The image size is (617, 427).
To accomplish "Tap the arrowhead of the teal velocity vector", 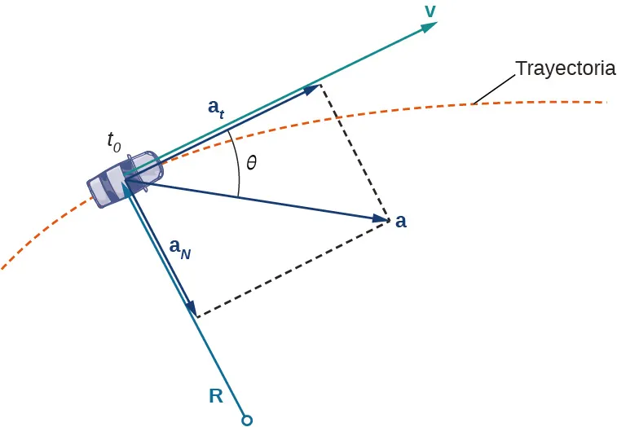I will (430, 26).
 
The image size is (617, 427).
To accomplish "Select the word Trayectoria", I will (565, 68).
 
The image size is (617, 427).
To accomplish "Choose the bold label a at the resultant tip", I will (401, 221).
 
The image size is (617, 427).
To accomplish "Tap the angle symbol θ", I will (251, 163).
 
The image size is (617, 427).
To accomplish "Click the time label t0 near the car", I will (114, 141).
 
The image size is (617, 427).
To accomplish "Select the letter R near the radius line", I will (216, 397).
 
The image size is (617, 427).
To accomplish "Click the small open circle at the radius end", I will (247, 420).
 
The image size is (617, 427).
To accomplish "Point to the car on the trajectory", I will (123, 178).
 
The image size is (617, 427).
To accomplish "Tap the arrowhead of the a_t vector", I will (311, 89).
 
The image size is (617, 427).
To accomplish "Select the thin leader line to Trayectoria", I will (494, 90).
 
